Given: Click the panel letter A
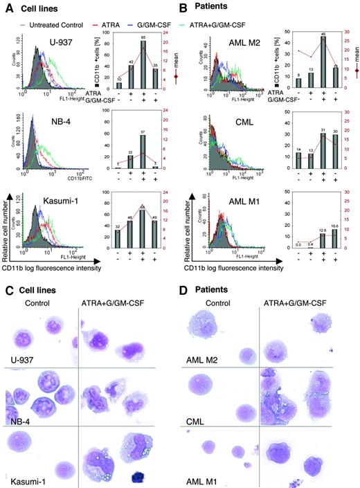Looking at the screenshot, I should [6, 7].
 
